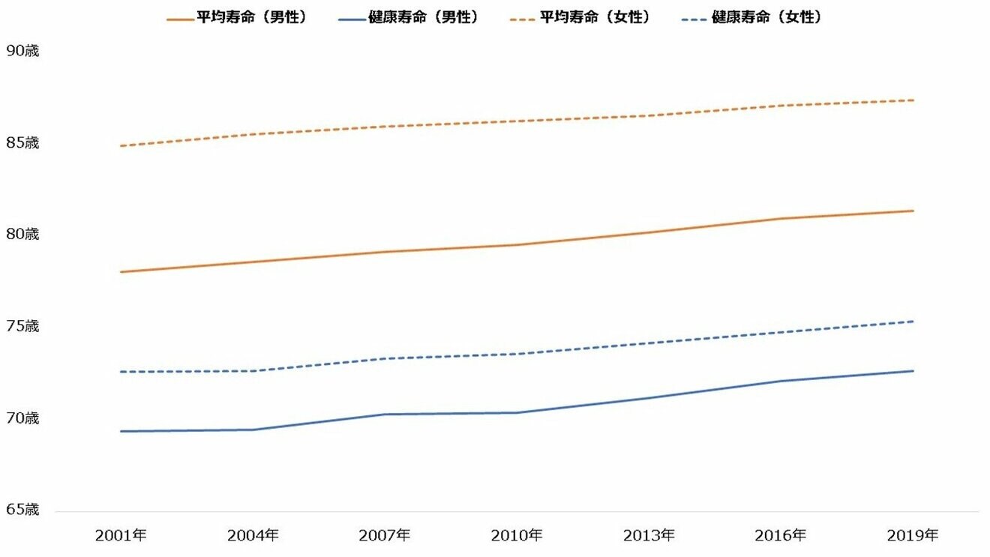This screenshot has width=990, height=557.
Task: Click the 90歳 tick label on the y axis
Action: pos(22,51)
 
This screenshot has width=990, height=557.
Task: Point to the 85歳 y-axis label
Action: pos(22,142)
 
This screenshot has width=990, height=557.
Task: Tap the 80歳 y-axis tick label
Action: pos(22,234)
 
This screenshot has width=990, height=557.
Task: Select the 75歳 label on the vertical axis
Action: pos(22,326)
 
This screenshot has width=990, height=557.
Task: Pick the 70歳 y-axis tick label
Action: pos(22,418)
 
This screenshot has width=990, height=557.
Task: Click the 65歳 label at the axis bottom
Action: pos(22,510)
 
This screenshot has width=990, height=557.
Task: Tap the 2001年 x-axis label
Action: pos(121,535)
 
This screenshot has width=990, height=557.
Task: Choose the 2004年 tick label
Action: pos(253,535)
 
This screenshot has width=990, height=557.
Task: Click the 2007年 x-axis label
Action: pos(385,535)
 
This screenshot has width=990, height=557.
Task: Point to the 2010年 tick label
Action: pos(517,535)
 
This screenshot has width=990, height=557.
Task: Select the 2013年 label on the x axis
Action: pos(649,535)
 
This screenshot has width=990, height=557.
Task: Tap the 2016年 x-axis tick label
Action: pos(781,535)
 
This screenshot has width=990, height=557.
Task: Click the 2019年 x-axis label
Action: pos(913,535)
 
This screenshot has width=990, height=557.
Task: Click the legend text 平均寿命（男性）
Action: pos(251,17)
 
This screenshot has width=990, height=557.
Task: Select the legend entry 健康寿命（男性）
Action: pos(423,17)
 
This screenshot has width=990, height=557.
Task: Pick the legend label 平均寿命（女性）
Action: pos(595,17)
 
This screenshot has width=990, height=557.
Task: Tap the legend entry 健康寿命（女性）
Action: pos(766,17)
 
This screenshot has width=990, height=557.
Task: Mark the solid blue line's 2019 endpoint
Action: pos(913,371)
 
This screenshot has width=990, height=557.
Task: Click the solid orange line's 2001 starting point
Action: pos(121,272)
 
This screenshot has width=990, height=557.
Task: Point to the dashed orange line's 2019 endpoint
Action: pos(913,100)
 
